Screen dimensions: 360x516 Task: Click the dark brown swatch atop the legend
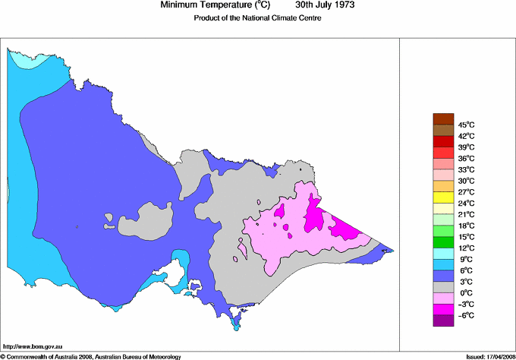point(442,118)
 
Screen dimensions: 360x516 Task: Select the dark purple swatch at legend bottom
point(442,321)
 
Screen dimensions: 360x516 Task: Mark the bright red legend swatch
point(442,141)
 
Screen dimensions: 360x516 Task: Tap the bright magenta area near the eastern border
point(345,226)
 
